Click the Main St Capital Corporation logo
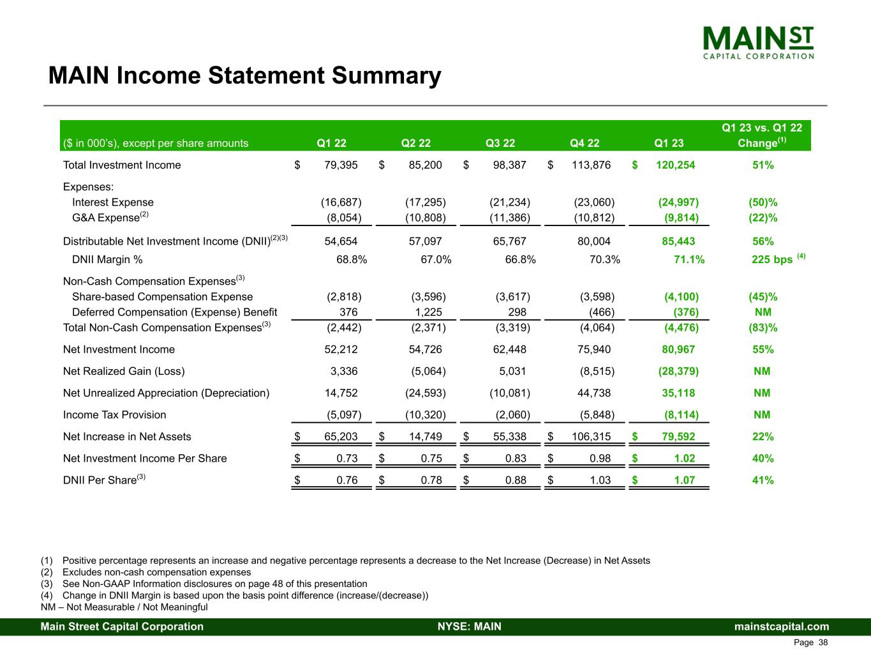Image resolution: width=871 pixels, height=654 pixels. [758, 42]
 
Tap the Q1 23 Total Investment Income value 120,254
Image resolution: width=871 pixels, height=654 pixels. [675, 165]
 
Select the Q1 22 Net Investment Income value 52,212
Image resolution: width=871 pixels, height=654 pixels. [341, 349]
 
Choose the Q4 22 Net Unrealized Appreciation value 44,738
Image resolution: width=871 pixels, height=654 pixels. [593, 393]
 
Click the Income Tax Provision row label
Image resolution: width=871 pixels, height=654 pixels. [114, 414]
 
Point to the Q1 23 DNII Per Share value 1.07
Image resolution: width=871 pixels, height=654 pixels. [685, 480]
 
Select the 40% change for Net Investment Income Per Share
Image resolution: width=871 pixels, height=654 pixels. [763, 459]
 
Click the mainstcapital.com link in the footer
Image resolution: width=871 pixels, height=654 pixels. [782, 627]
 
